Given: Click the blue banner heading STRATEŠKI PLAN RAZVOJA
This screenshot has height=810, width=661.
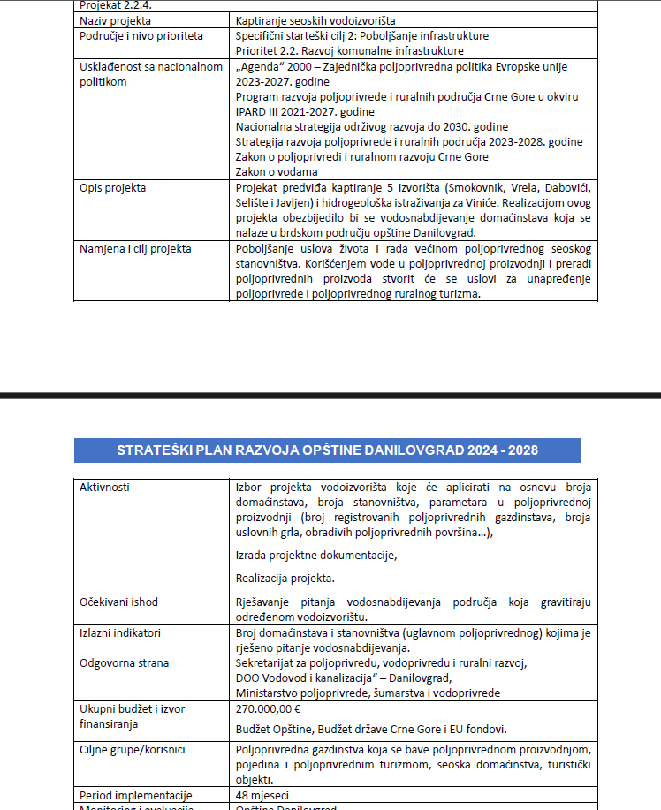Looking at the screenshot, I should click(x=327, y=450).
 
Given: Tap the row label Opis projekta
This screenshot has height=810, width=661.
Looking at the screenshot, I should click(x=113, y=188).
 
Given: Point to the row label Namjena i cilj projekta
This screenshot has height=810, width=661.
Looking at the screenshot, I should click(x=135, y=248).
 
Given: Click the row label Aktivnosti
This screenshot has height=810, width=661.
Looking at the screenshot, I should click(x=104, y=487).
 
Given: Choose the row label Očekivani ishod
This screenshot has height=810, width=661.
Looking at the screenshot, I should click(x=118, y=602).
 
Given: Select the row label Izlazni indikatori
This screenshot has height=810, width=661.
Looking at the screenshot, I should click(x=120, y=632).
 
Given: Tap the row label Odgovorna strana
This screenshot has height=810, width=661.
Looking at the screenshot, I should click(x=124, y=662).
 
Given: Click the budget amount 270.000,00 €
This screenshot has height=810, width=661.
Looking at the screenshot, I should click(x=269, y=708).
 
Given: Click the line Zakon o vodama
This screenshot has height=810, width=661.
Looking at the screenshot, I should click(x=277, y=170).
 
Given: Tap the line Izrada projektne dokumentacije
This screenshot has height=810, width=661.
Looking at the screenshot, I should click(x=316, y=555).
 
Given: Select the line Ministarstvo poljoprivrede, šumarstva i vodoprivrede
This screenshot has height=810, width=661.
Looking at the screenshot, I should click(x=368, y=693).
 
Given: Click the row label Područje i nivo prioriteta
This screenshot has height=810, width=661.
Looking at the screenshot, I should click(x=141, y=36).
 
